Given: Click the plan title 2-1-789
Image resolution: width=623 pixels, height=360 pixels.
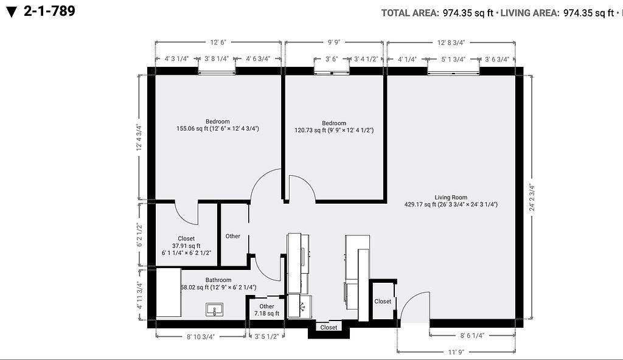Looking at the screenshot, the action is click(x=49, y=11).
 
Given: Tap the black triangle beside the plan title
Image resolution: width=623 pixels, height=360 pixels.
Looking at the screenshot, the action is click(x=12, y=12).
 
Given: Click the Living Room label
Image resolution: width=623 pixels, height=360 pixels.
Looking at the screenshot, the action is click(x=451, y=197).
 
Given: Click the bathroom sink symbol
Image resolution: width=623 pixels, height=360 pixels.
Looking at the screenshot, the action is click(x=214, y=309).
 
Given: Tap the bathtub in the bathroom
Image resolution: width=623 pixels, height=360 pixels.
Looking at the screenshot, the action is click(x=169, y=292).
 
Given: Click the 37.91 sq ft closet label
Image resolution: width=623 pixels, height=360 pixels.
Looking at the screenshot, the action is click(x=186, y=246).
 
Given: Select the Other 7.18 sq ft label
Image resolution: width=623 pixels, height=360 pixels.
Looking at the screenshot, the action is click(x=266, y=310).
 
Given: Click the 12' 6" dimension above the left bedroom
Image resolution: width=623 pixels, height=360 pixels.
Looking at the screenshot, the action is click(x=218, y=42).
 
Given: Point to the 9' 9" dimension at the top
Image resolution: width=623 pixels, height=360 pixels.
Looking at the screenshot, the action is click(x=334, y=42).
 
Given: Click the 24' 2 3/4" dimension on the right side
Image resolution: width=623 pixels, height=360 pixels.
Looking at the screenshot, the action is click(x=532, y=197).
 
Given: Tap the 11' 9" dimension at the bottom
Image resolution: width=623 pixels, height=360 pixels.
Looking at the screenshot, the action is click(x=456, y=351).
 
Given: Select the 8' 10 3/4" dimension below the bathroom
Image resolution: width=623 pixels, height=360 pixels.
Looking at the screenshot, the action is click(x=201, y=336).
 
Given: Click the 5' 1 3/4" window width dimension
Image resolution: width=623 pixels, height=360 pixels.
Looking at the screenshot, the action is click(x=453, y=59).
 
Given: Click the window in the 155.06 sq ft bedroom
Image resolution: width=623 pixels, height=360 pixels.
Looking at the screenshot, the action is click(x=217, y=72).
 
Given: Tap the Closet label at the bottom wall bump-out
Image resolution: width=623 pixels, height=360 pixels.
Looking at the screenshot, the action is click(x=329, y=327).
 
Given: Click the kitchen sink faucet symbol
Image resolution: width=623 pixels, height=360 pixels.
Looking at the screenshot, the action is click(x=302, y=306).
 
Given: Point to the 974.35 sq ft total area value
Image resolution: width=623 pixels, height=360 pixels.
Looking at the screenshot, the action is click(x=468, y=13).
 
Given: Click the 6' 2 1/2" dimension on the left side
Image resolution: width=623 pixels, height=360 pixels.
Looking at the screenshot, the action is click(x=139, y=235).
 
